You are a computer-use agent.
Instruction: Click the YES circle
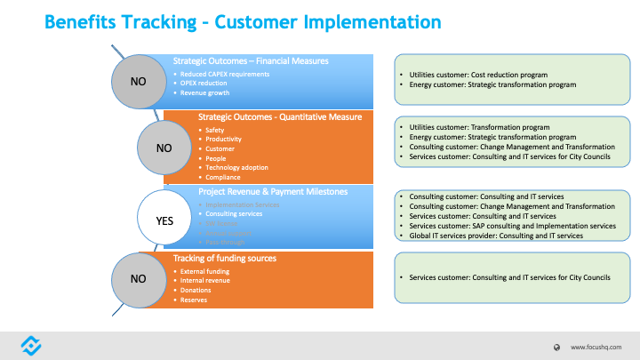pyautogui.click(x=164, y=221)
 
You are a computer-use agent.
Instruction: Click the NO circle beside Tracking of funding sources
pyautogui.click(x=138, y=278)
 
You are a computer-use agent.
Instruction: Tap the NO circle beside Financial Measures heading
pyautogui.click(x=138, y=82)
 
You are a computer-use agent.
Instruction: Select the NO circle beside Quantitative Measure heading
pyautogui.click(x=164, y=148)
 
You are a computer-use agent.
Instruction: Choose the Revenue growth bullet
pyautogui.click(x=206, y=92)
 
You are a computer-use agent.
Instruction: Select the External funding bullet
pyautogui.click(x=207, y=270)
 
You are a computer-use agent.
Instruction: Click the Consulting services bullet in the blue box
pyautogui.click(x=234, y=214)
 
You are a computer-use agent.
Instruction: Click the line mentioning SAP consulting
pyautogui.click(x=512, y=226)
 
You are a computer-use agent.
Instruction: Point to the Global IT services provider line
pyautogui.click(x=495, y=236)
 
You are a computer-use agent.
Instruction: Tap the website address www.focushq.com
pyautogui.click(x=596, y=347)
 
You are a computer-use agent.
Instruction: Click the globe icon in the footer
pyautogui.click(x=556, y=347)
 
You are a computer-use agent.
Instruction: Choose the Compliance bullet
pyautogui.click(x=222, y=177)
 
